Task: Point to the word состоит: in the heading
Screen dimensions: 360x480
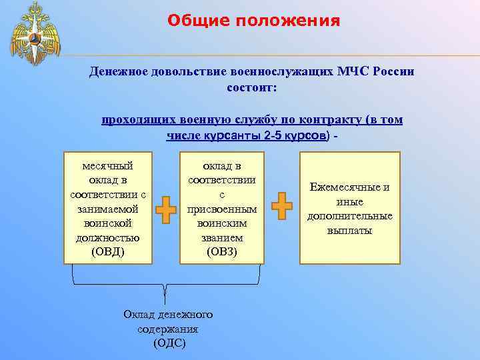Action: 252,87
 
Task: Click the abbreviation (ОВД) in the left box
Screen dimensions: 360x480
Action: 107,252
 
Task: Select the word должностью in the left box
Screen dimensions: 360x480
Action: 107,237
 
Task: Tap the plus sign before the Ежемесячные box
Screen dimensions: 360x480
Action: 282,205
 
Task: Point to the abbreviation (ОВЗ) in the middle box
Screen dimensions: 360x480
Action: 222,252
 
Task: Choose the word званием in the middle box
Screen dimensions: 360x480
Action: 222,237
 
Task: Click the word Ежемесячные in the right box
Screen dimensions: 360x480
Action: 349,187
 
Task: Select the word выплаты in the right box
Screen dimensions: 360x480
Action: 349,231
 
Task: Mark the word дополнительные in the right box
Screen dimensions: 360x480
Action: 349,216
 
